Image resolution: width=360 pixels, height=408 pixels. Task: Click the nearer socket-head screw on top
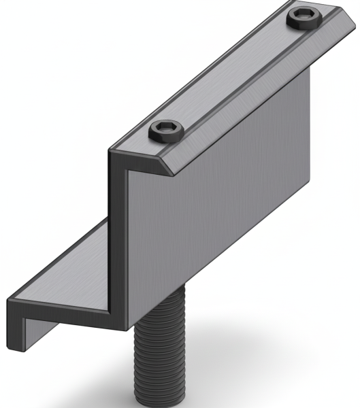[x=165, y=131]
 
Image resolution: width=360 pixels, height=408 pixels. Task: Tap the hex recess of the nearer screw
[x=165, y=128]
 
